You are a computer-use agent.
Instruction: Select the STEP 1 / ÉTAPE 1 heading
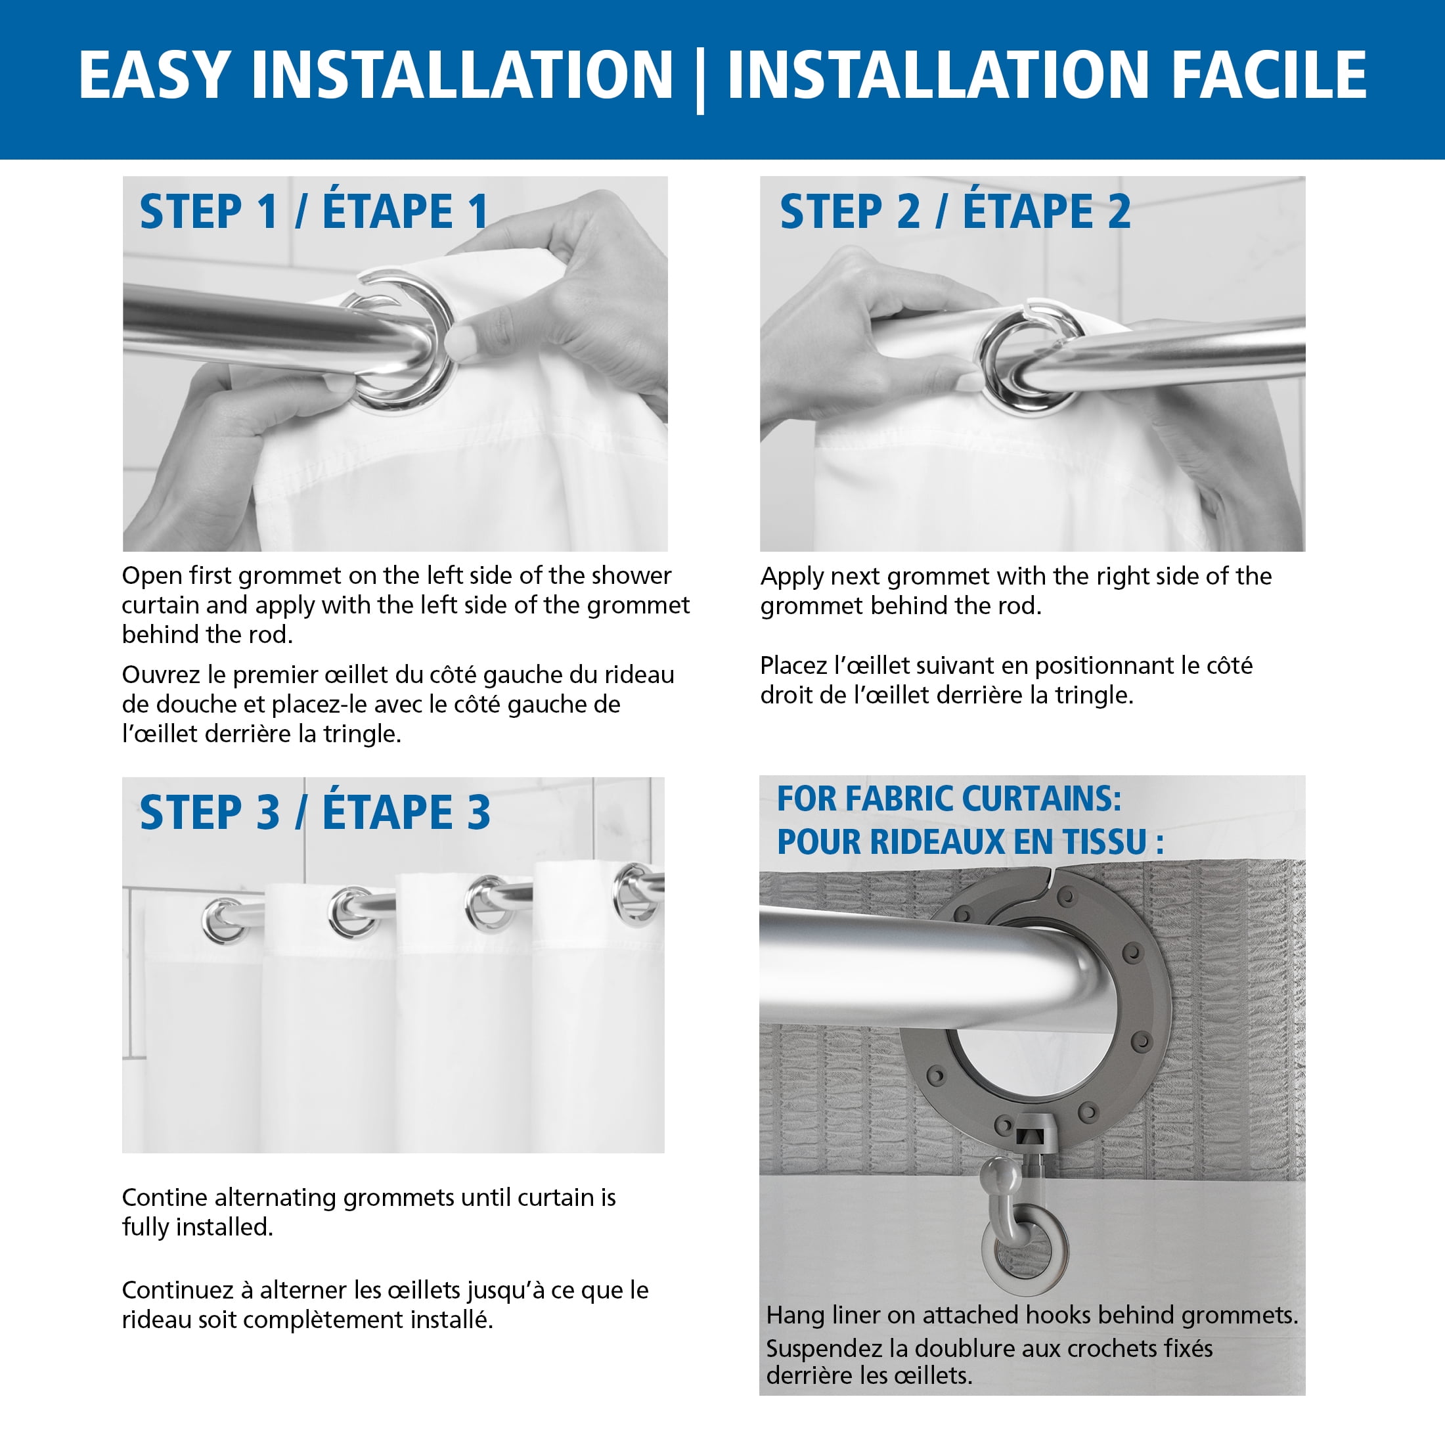tap(314, 211)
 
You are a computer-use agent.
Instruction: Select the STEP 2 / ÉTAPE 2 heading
tap(955, 211)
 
